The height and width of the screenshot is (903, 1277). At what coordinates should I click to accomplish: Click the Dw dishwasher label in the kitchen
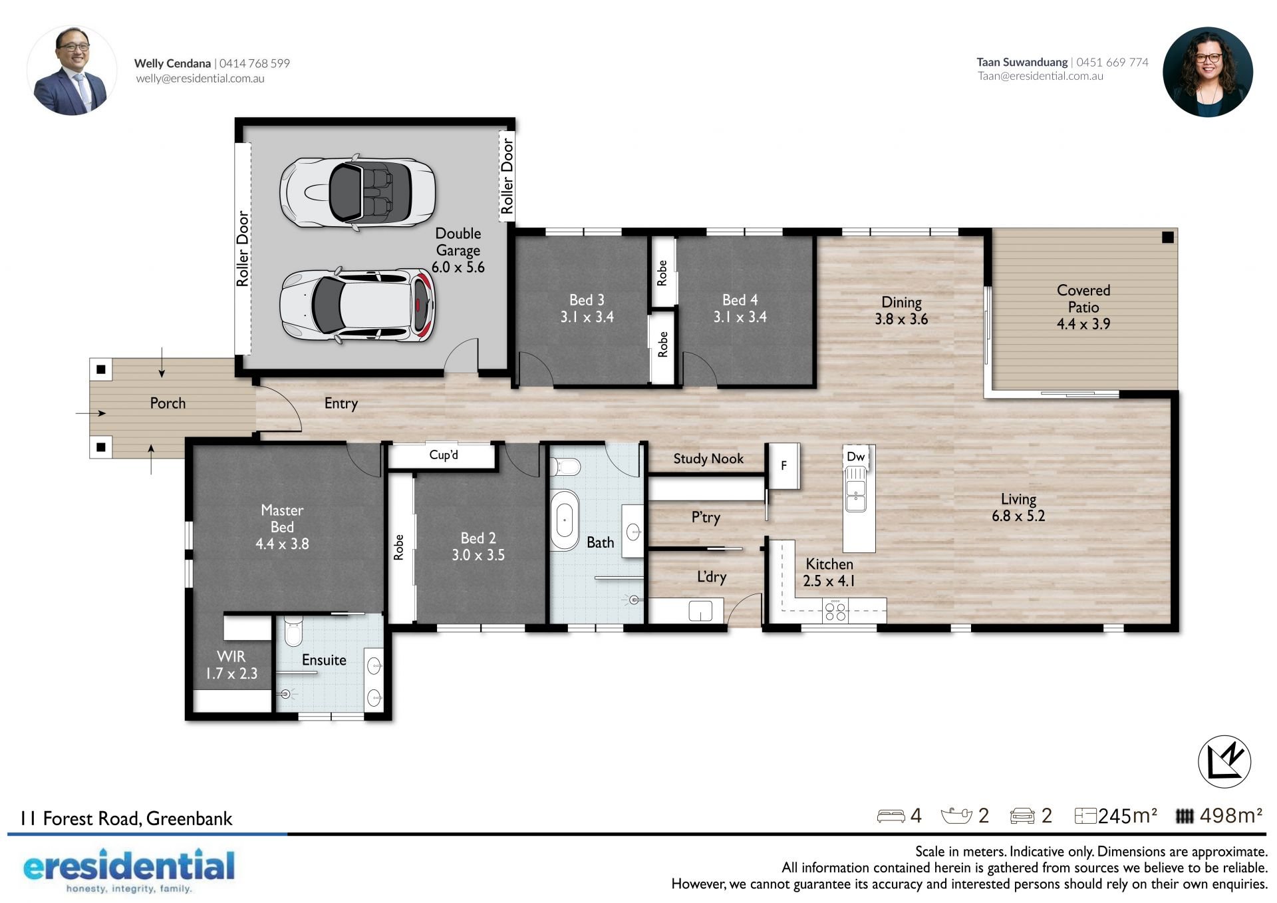[855, 456]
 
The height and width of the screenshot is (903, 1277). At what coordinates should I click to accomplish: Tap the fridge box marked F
[783, 466]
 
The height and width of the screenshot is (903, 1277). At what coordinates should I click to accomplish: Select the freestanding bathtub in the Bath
[565, 520]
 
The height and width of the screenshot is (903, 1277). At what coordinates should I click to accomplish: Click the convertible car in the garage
[358, 192]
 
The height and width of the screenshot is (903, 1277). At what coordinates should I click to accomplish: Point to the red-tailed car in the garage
[357, 305]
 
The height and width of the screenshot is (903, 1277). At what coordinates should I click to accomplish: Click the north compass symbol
[1224, 762]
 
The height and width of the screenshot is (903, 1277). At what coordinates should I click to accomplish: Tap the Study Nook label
[708, 458]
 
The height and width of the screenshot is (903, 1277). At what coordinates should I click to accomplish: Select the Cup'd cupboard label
[444, 455]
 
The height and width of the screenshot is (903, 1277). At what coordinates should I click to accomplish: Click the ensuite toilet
[293, 630]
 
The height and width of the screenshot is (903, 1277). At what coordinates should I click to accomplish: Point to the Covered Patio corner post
[1168, 237]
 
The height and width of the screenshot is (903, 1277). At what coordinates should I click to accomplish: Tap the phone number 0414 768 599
[255, 63]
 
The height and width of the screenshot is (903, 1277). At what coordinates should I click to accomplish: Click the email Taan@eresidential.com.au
[1040, 76]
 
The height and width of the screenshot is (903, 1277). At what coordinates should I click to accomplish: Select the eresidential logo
[129, 870]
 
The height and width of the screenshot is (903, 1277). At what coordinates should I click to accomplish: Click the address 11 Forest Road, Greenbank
[126, 818]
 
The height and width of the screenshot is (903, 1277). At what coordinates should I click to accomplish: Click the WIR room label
[231, 656]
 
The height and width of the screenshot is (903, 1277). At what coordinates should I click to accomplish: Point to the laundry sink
[700, 610]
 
